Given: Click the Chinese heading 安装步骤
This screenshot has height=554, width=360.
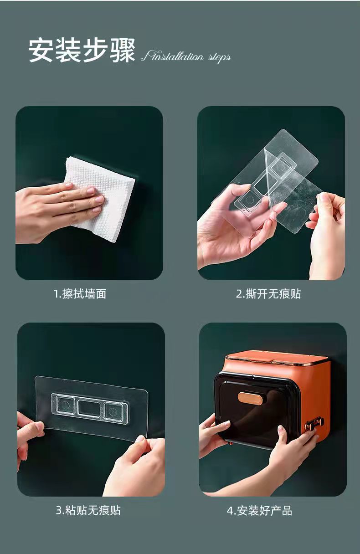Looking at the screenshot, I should (82, 50).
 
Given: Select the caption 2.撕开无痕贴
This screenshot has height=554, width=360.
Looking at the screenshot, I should (268, 294).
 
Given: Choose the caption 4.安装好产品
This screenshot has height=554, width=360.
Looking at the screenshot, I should (259, 510).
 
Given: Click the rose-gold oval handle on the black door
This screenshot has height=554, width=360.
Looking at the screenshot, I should (250, 398).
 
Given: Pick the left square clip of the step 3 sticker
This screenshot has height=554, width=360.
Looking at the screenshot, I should (65, 405).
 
